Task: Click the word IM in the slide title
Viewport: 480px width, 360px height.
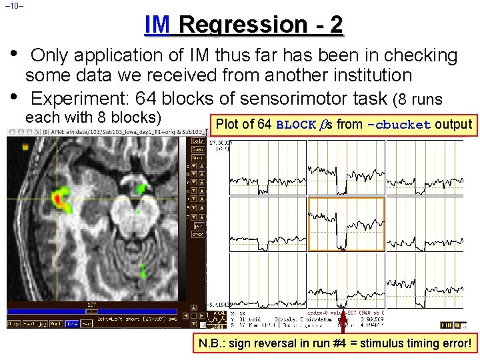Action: coord(157,25)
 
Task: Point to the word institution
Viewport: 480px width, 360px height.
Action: coord(360,76)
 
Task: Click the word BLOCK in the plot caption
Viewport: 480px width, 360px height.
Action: coord(296,125)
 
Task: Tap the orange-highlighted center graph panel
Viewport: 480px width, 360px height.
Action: coord(346,224)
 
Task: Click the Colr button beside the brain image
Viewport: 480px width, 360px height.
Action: coord(198,141)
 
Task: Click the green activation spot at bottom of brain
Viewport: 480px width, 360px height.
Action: coord(144,270)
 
